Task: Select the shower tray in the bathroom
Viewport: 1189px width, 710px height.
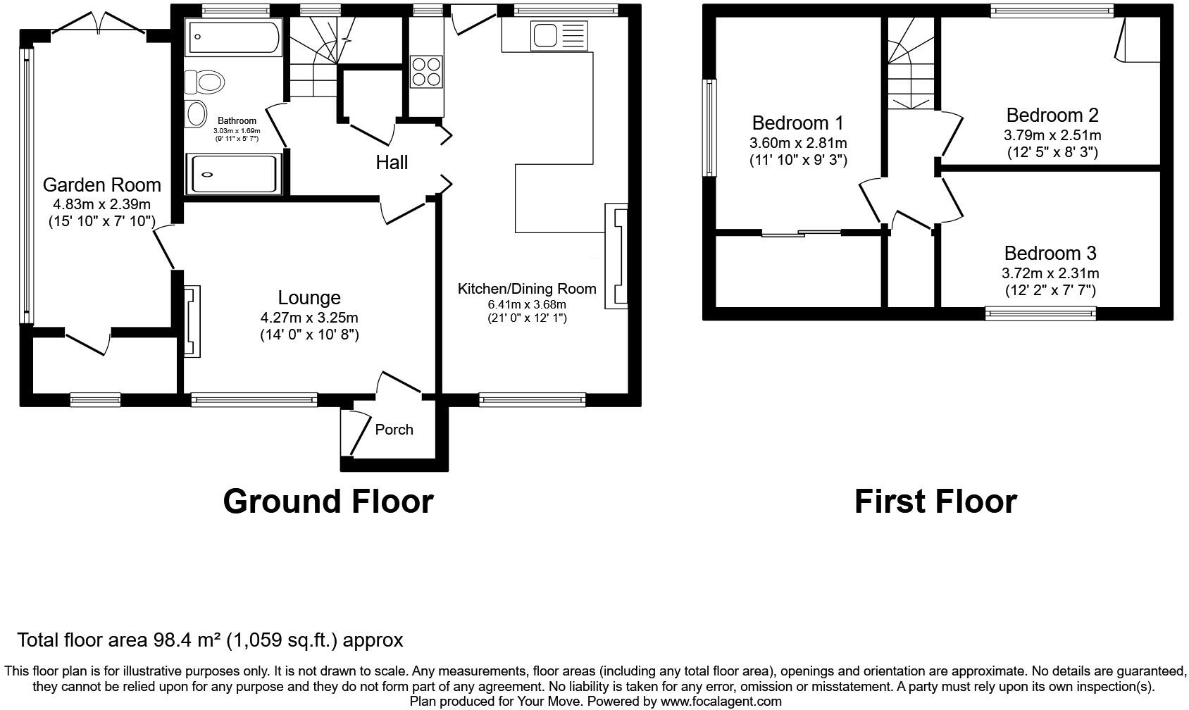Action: point(233,174)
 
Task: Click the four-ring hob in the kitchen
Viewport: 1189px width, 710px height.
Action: point(427,71)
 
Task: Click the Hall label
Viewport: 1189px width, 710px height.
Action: point(392,163)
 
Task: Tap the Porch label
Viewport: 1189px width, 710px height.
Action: point(394,430)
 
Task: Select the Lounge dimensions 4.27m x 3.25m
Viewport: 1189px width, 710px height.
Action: point(309,318)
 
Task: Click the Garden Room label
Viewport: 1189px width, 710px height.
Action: point(102,185)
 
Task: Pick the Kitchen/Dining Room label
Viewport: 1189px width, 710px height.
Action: point(527,289)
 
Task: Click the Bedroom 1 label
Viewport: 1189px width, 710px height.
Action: point(797,123)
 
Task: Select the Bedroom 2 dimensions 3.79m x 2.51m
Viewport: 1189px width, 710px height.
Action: point(1052,135)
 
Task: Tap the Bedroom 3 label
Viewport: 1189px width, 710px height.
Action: point(1050,253)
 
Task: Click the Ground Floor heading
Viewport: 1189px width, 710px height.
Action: point(328,502)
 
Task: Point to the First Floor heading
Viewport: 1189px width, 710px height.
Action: point(935,502)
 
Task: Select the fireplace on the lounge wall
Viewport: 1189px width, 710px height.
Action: point(192,320)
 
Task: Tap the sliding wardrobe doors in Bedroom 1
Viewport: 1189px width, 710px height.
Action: point(802,233)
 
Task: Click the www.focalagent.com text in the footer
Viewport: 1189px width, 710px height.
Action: point(721,702)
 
